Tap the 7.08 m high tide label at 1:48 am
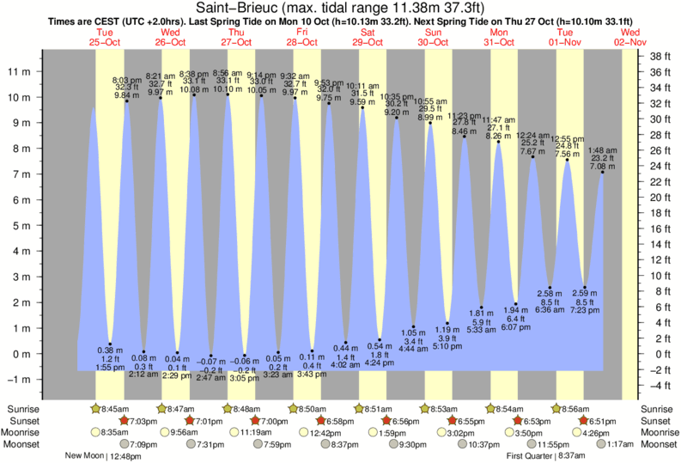pos(601,167)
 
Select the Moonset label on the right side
pos(657,444)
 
